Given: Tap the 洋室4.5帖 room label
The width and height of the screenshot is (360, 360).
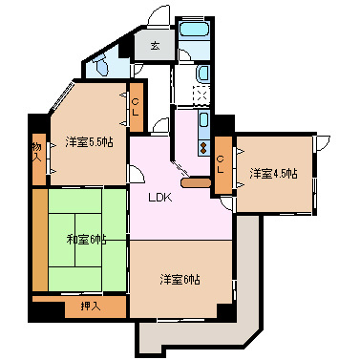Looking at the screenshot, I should point(274,173).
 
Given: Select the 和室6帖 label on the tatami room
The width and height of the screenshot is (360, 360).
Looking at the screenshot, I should point(87,239).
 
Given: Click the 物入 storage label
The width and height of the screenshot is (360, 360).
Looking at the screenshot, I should point(36,153).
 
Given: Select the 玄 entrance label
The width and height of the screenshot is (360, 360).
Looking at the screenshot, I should point(154,46).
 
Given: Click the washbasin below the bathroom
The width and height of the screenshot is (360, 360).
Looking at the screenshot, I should point(202,75).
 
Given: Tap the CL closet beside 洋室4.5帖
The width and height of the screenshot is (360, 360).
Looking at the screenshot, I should point(222,163).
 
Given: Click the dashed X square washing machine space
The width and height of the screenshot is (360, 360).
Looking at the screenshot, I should point(200,96).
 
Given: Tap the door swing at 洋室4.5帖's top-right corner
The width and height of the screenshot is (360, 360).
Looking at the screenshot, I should point(322,143).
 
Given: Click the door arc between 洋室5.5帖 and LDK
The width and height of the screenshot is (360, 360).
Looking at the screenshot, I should point(138,172).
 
